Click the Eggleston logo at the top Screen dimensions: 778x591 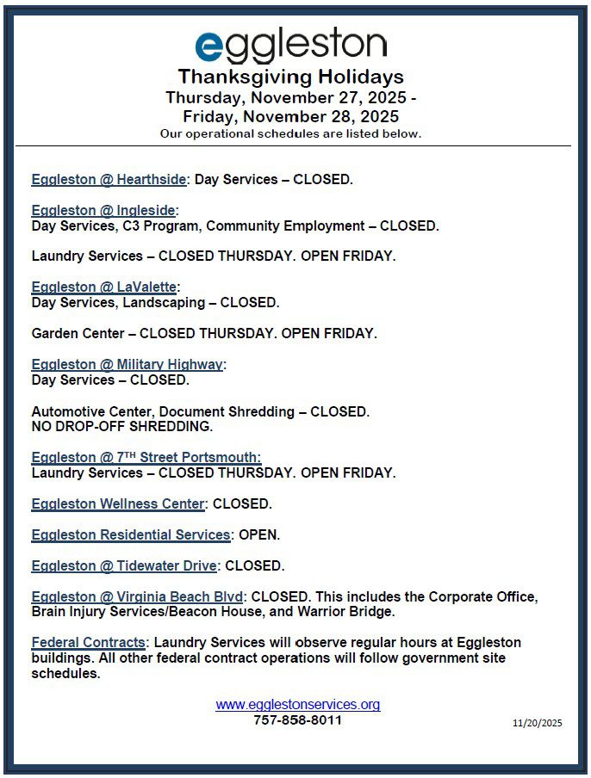290,46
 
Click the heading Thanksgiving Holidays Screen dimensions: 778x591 290,77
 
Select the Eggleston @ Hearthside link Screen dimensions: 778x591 109,180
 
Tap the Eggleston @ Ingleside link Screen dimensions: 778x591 103,211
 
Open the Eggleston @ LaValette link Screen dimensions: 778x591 103,287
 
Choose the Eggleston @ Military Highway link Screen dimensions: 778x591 128,365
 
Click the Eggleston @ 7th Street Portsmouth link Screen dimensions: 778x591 146,458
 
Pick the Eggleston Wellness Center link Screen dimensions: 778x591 118,504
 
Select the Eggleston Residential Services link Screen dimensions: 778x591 131,535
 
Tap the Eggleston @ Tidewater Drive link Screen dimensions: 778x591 124,566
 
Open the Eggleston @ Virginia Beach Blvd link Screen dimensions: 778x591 138,597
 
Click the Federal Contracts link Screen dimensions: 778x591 89,643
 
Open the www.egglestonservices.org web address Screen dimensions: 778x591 297,705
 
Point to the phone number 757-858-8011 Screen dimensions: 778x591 297,720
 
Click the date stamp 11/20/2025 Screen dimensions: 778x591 537,724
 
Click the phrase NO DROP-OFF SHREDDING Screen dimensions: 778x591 121,426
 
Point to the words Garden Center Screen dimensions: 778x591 72,333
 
